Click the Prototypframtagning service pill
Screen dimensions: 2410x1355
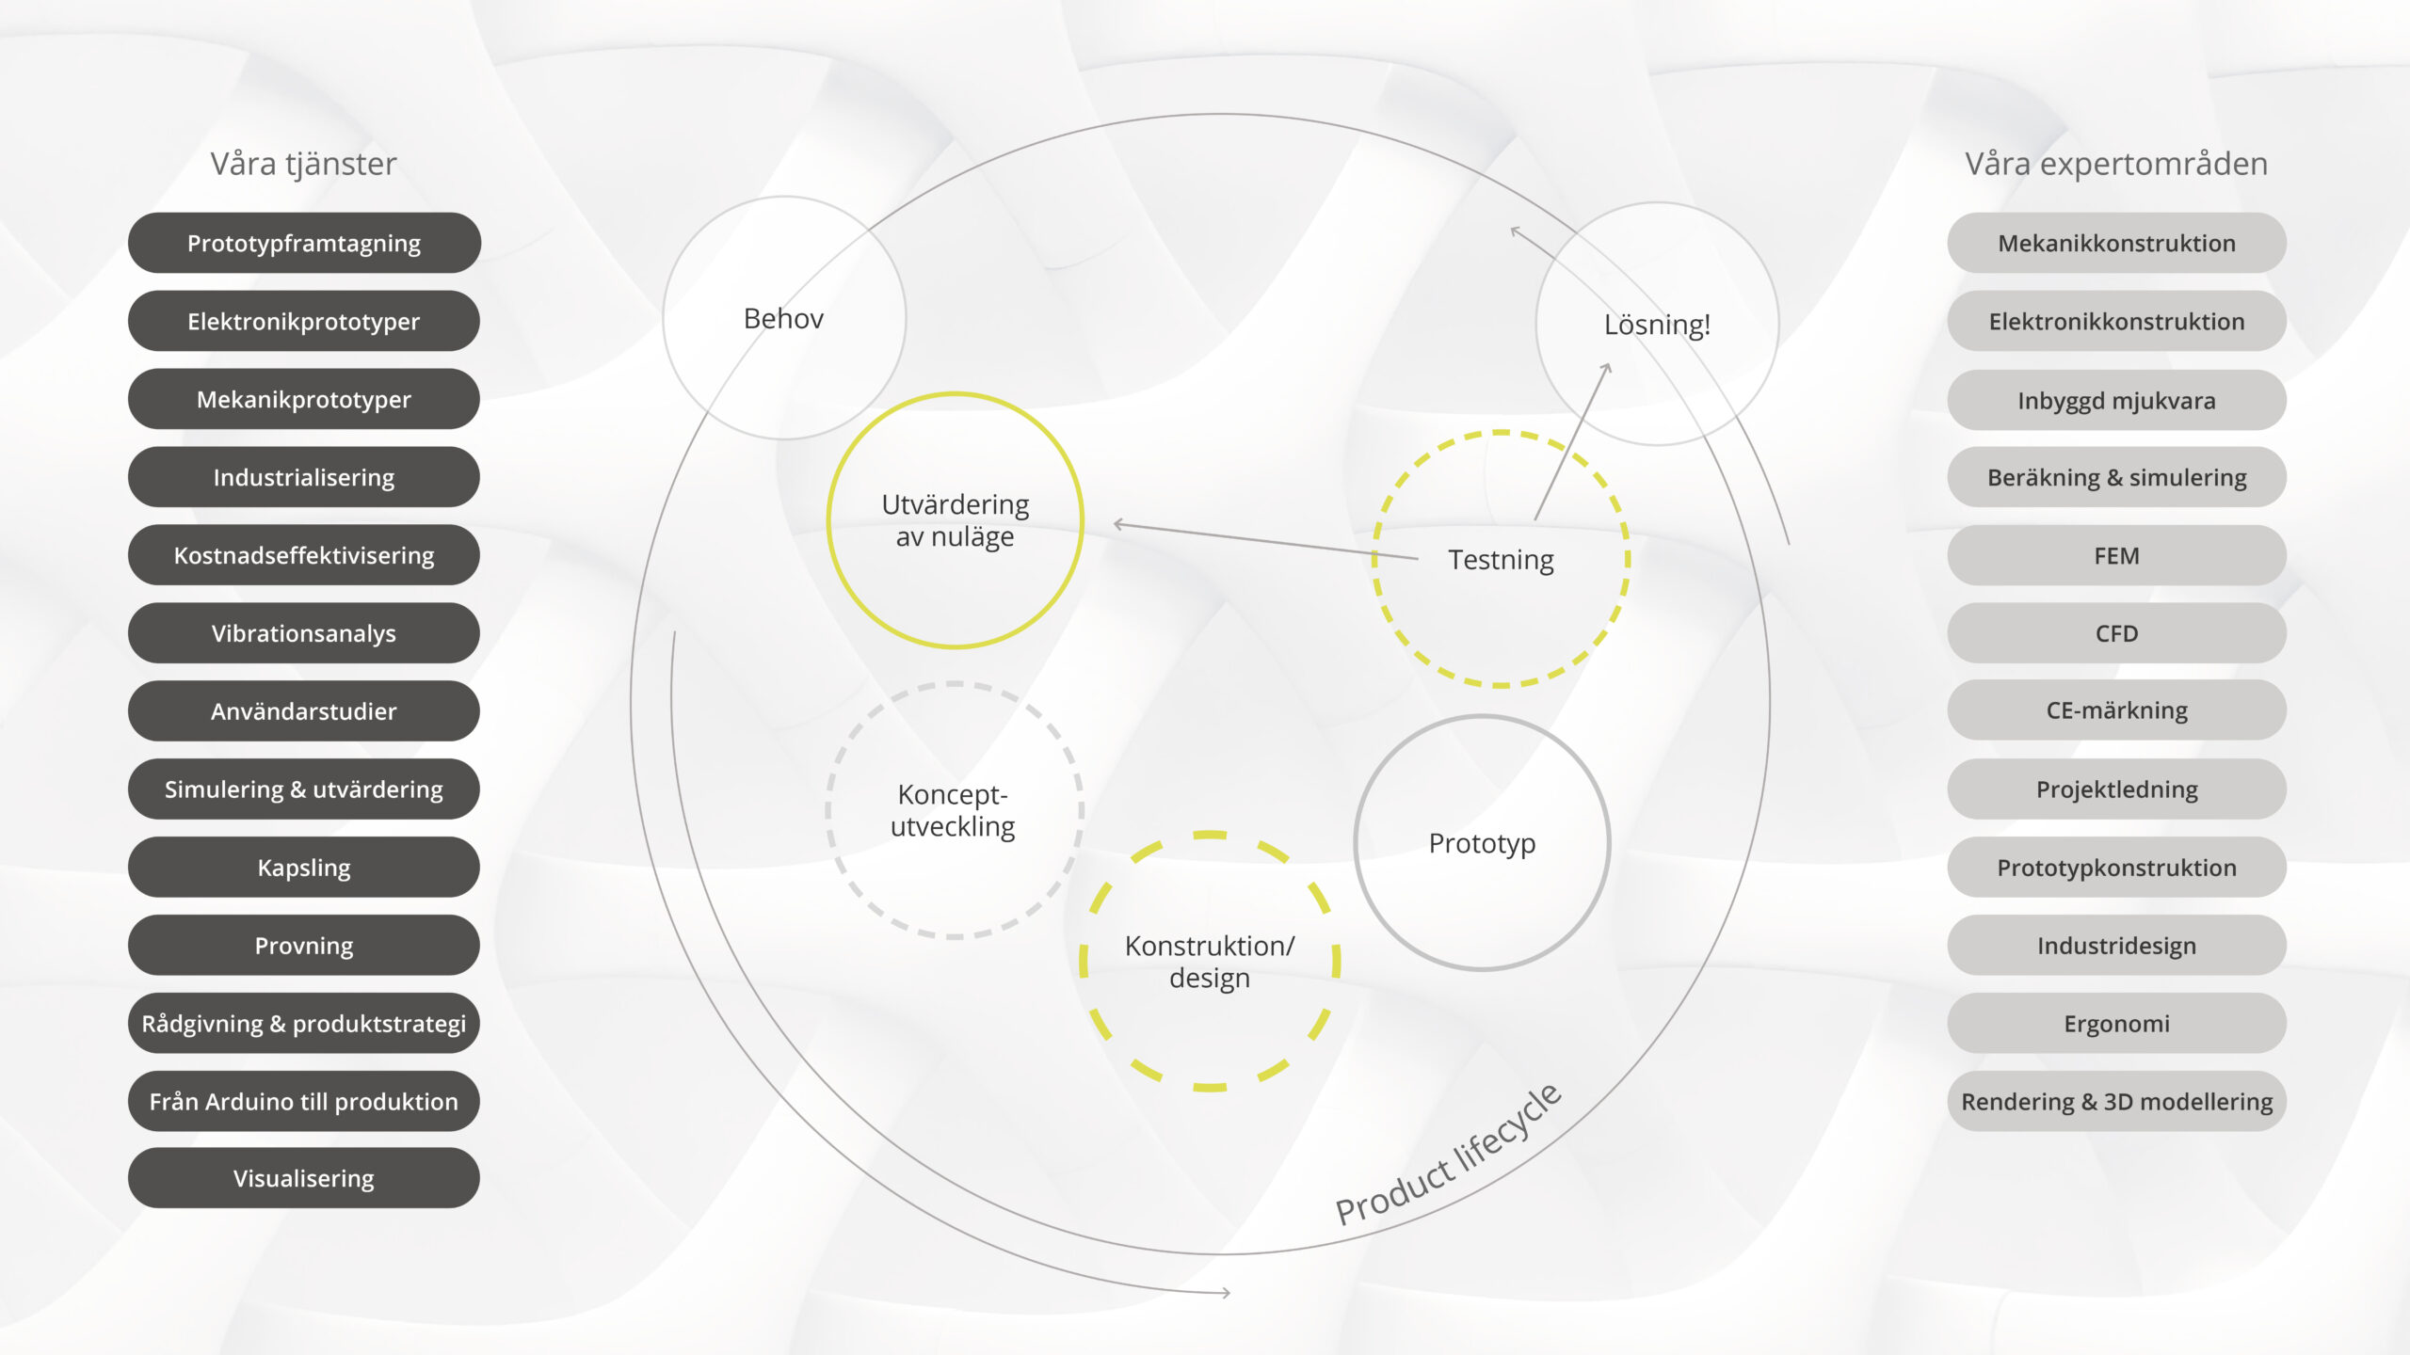[x=304, y=243]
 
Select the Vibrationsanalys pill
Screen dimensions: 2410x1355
[x=304, y=633]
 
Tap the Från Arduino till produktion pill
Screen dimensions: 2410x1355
[x=304, y=1101]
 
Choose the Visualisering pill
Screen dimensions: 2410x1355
[x=304, y=1178]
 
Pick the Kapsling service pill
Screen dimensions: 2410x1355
[x=304, y=867]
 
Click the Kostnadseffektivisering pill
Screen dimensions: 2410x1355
[x=304, y=555]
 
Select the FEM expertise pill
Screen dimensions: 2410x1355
[x=2116, y=555]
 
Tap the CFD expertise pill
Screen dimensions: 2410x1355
[x=2116, y=633]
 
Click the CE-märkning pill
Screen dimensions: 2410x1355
[x=2116, y=710]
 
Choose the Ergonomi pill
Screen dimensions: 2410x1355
[x=2116, y=1023]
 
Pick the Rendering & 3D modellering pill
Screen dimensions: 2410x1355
[x=2116, y=1101]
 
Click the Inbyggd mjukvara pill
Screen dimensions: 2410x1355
[x=2116, y=400]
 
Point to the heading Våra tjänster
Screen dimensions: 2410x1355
[x=303, y=165]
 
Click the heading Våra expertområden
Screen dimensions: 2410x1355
[x=2116, y=165]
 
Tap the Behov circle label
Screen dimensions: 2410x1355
[x=783, y=318]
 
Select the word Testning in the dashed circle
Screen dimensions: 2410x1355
[x=1501, y=560]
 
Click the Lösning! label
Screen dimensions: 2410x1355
[x=1657, y=325]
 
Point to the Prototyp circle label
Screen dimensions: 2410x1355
[x=1482, y=844]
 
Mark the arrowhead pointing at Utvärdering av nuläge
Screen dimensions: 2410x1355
[x=1118, y=524]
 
